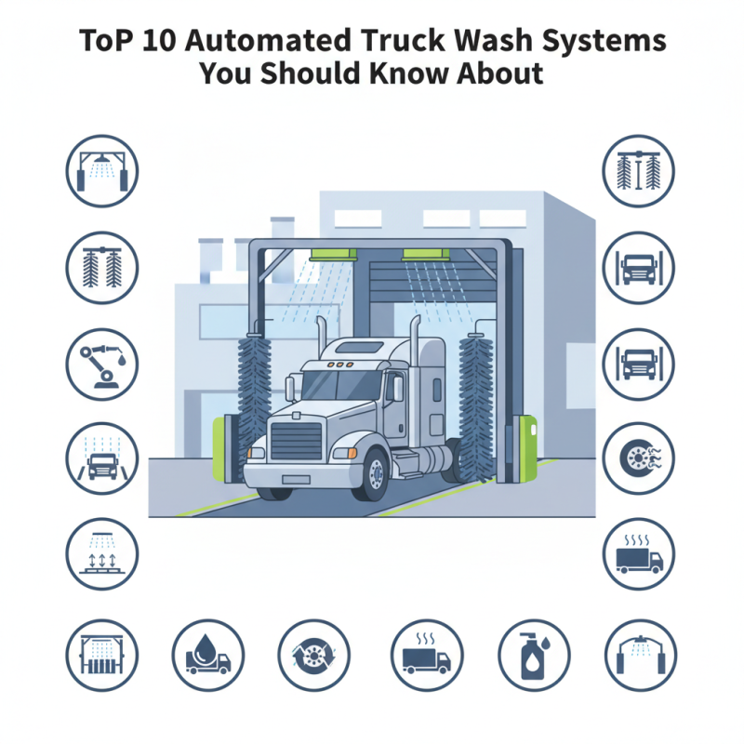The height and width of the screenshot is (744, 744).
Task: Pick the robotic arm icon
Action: [x=102, y=364]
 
